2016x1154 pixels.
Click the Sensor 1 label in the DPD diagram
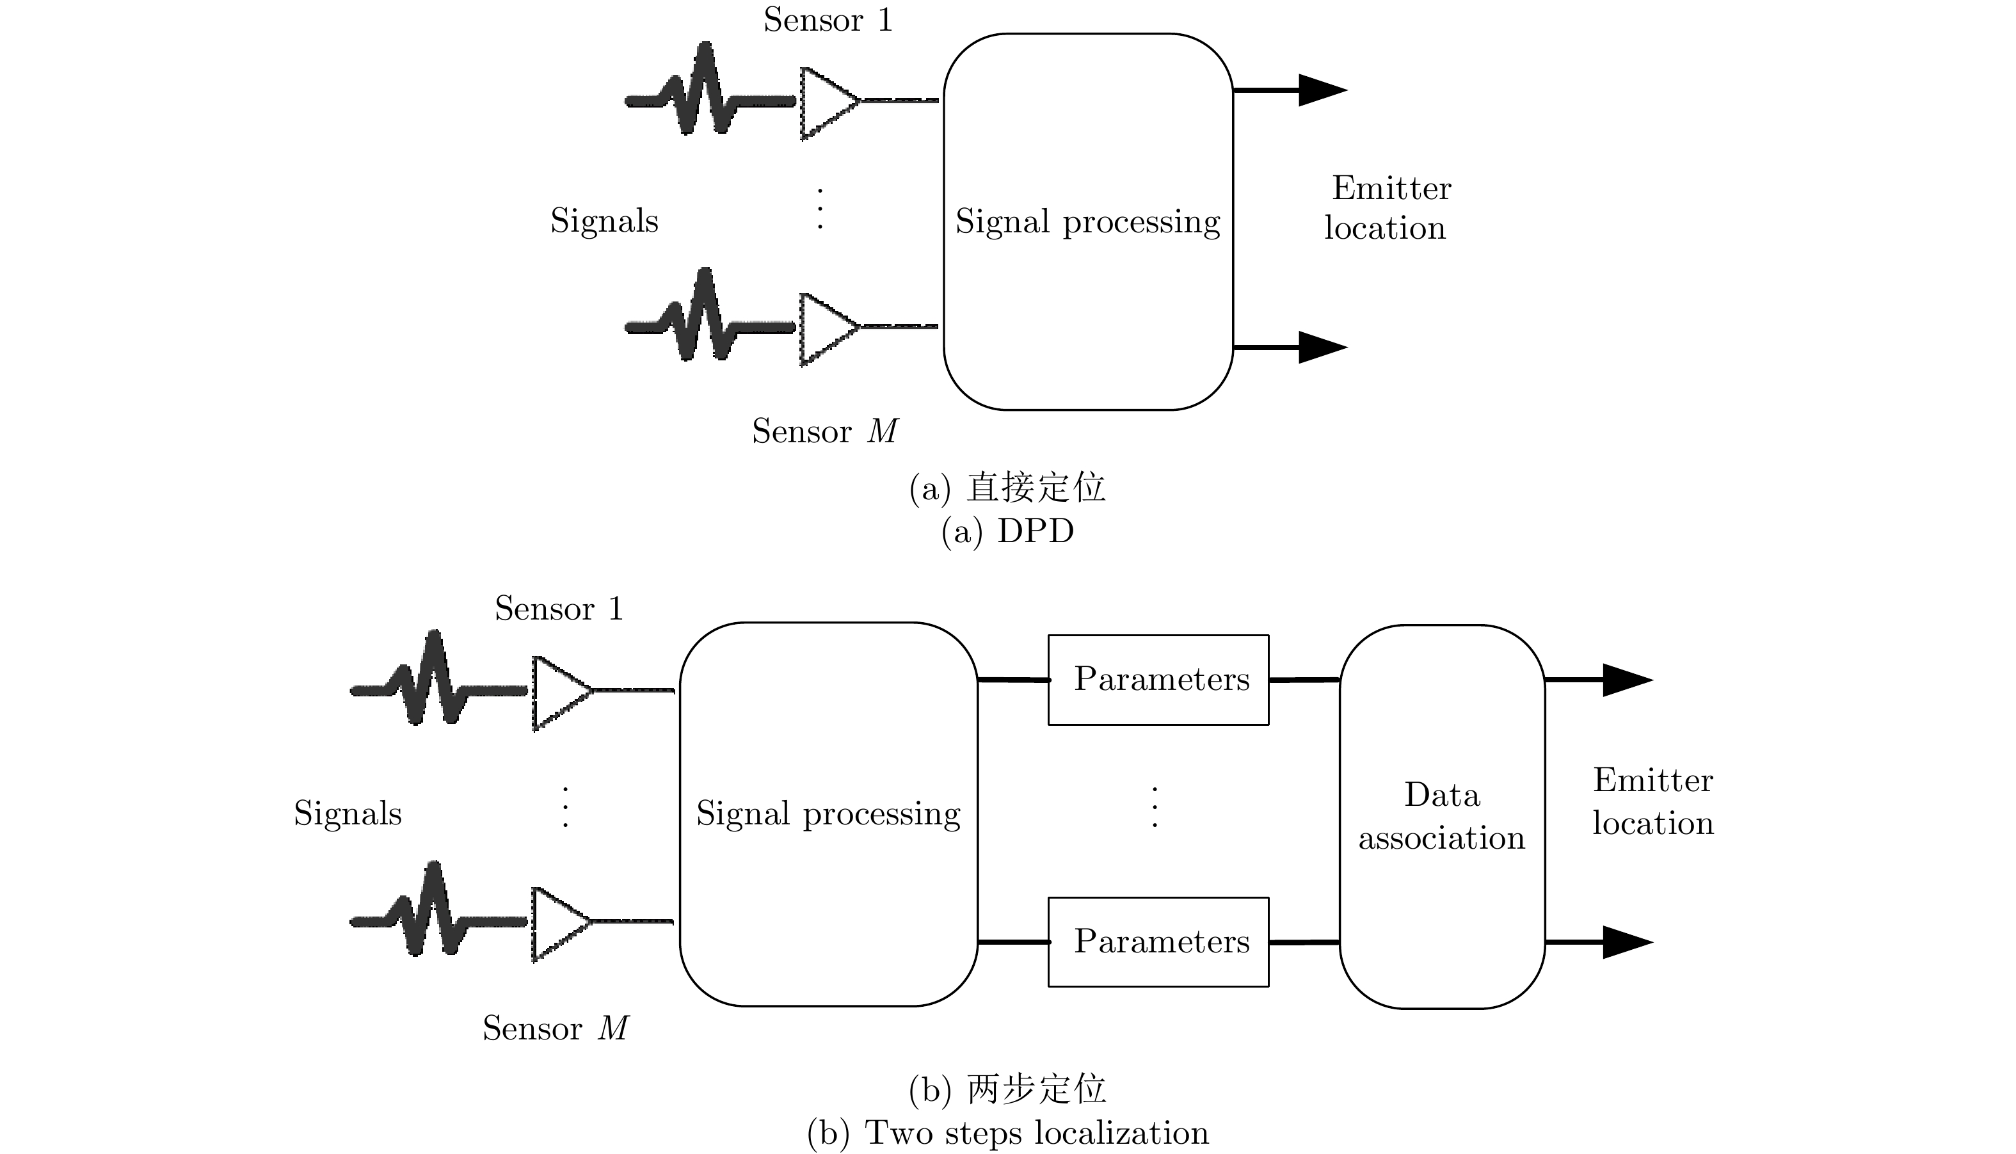(x=828, y=20)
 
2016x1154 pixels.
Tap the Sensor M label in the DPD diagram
(x=824, y=431)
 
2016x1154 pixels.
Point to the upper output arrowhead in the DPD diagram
(x=1321, y=90)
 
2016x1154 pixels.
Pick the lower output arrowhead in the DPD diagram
(x=1321, y=347)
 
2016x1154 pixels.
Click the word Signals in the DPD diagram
(x=604, y=221)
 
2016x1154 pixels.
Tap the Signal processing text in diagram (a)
(x=1087, y=222)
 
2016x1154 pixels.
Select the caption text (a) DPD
(x=1007, y=531)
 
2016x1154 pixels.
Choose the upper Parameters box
(x=1158, y=679)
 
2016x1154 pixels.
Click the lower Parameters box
(x=1158, y=942)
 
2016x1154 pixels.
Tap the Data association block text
(x=1441, y=816)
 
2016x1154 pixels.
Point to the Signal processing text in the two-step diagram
(x=828, y=814)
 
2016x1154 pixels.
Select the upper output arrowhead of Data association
(x=1627, y=680)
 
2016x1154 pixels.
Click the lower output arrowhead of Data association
(x=1627, y=942)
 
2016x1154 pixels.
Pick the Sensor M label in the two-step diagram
(x=555, y=1029)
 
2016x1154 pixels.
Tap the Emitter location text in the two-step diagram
(x=1653, y=802)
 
